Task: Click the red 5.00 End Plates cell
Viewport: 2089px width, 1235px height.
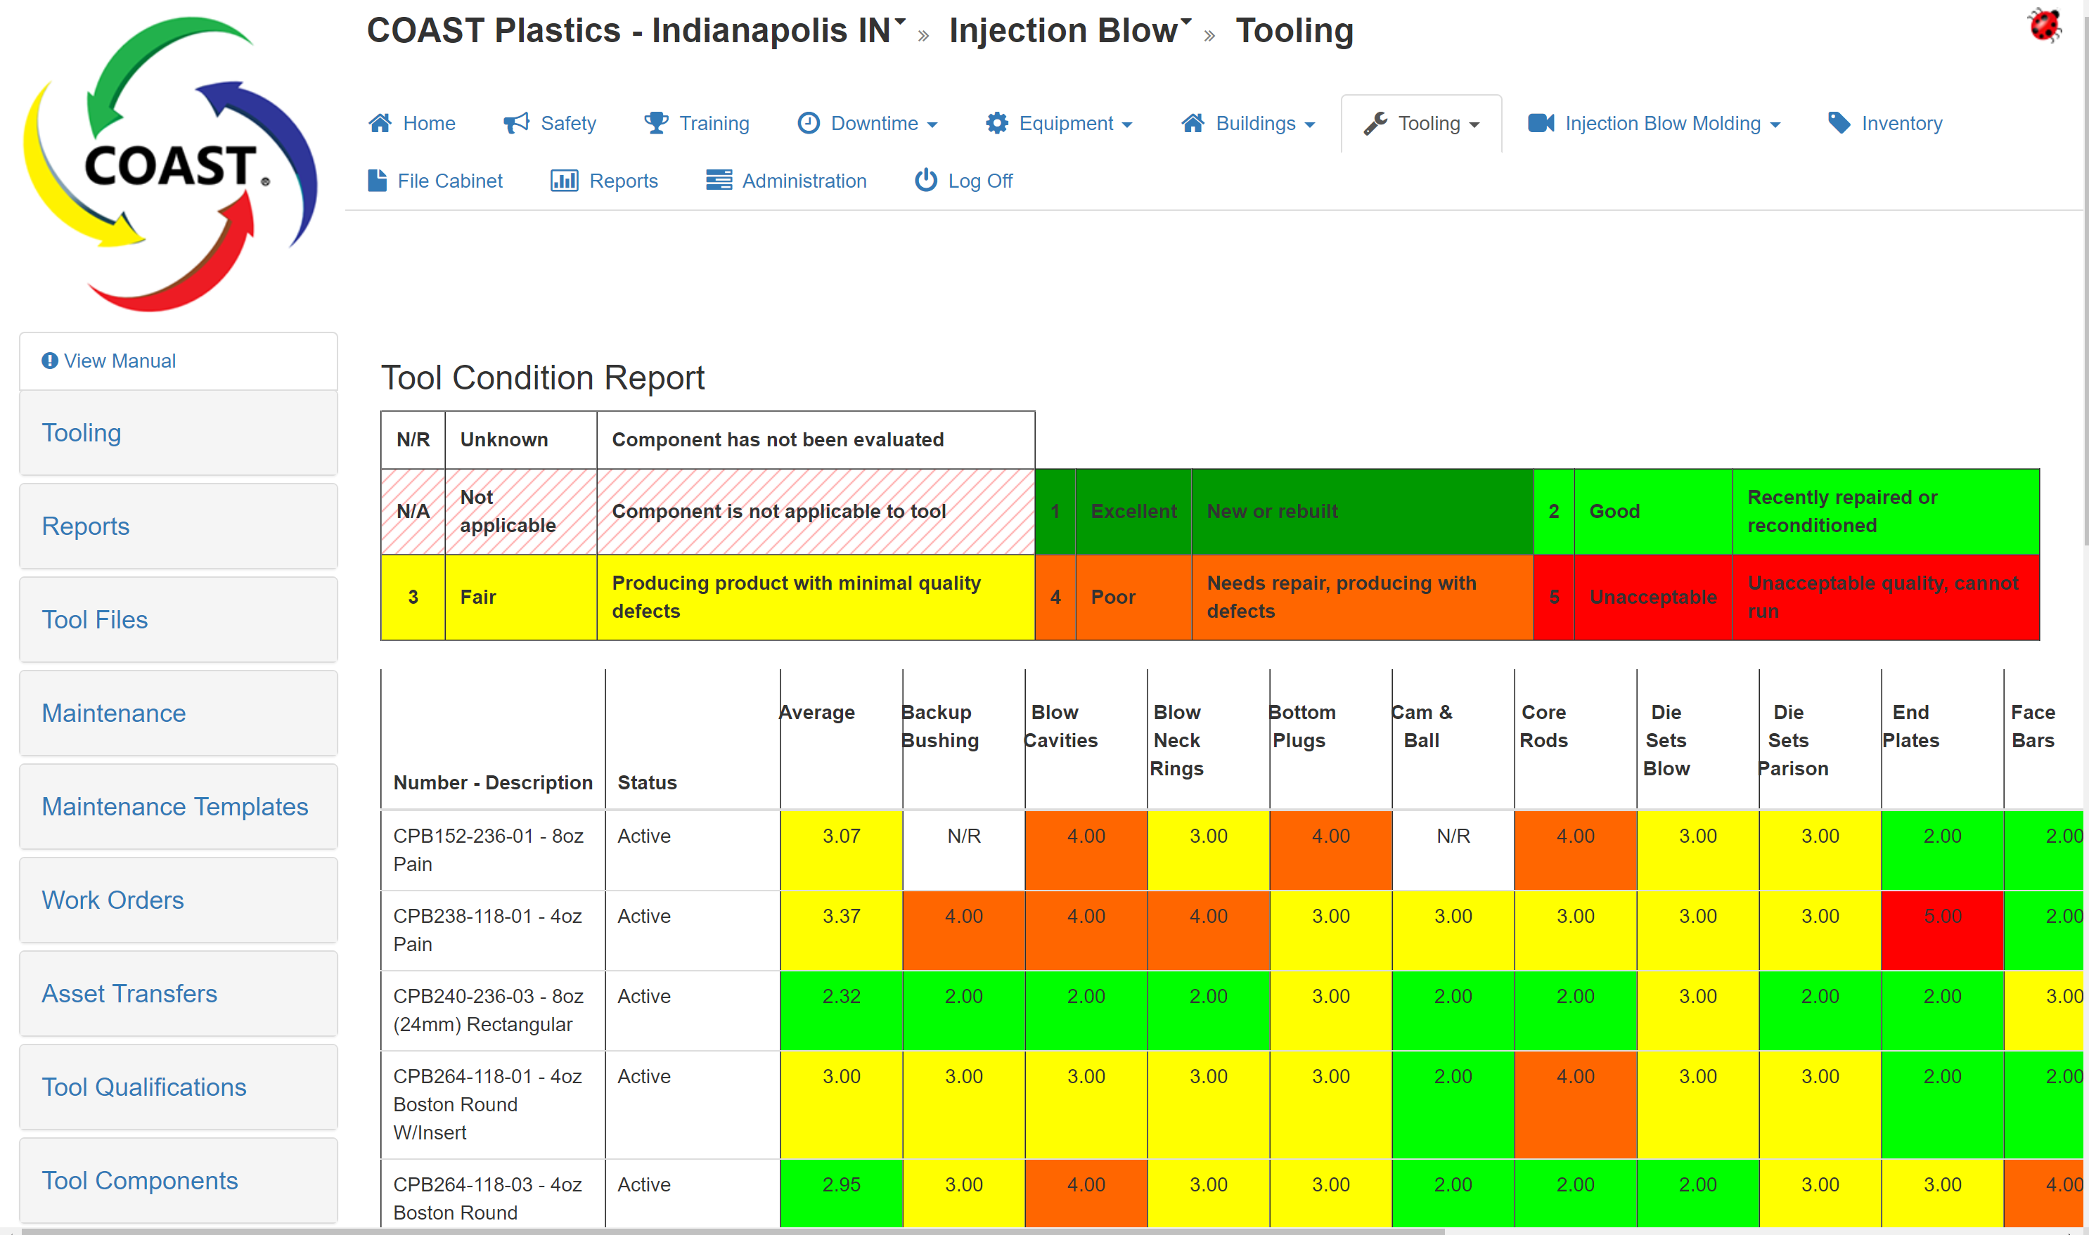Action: tap(1941, 917)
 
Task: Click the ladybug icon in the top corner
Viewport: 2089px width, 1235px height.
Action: tap(2044, 25)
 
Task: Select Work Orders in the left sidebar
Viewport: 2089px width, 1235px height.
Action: tap(113, 900)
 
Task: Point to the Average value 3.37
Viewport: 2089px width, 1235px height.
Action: tap(841, 917)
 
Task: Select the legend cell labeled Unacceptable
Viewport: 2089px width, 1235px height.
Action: tap(1652, 597)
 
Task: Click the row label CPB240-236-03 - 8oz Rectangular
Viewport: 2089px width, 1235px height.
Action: tap(488, 1009)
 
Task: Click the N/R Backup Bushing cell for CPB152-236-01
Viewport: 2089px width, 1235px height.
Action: tap(963, 836)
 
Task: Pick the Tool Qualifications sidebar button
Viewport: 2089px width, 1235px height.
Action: tap(144, 1087)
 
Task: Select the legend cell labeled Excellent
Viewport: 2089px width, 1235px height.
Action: tap(1133, 511)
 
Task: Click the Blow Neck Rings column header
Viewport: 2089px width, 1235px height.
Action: tap(1176, 740)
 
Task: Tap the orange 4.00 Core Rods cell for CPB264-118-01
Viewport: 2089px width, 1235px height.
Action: tap(1574, 1077)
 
